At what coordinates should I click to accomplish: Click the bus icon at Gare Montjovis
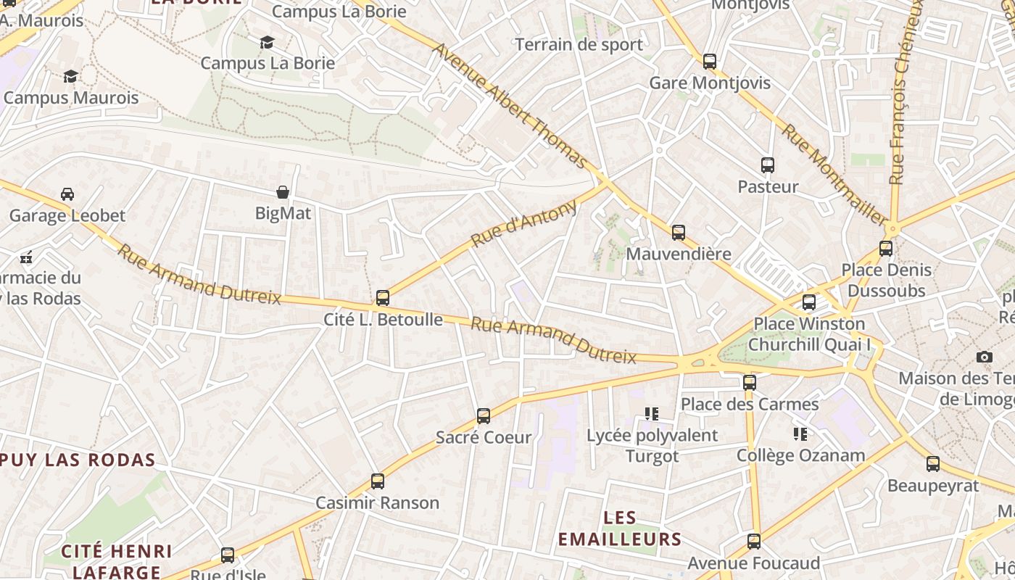point(710,62)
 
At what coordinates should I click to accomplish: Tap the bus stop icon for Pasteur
point(768,165)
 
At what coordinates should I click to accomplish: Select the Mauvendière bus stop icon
point(679,233)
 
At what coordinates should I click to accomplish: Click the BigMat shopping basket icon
point(283,192)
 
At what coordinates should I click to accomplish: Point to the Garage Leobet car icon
point(67,194)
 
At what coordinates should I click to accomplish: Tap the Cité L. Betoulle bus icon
point(383,298)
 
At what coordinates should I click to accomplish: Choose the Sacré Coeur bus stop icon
point(484,416)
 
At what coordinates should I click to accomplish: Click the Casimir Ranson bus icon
point(378,481)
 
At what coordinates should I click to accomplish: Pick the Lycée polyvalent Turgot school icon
point(652,414)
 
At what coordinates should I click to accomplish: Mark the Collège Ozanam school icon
point(800,434)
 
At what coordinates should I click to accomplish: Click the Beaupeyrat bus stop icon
point(933,464)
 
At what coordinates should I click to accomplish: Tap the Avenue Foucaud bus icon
point(754,542)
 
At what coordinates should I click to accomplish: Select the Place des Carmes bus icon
point(750,383)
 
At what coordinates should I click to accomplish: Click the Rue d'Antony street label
point(524,223)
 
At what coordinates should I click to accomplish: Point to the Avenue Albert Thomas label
point(509,104)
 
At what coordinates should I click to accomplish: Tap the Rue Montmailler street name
point(834,175)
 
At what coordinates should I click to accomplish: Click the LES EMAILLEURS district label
point(620,529)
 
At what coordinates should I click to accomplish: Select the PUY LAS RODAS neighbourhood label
point(78,460)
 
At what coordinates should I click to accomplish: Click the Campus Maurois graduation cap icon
point(70,77)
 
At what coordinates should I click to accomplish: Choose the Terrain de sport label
point(579,45)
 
